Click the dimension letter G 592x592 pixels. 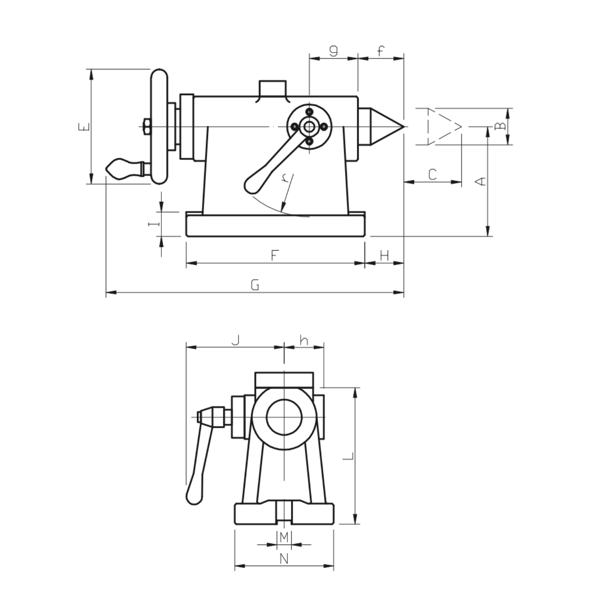click(255, 285)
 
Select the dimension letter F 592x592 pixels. click(275, 255)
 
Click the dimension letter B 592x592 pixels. click(500, 126)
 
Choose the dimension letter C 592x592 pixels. click(433, 174)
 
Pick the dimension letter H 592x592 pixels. click(384, 255)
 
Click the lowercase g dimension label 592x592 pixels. click(334, 51)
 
